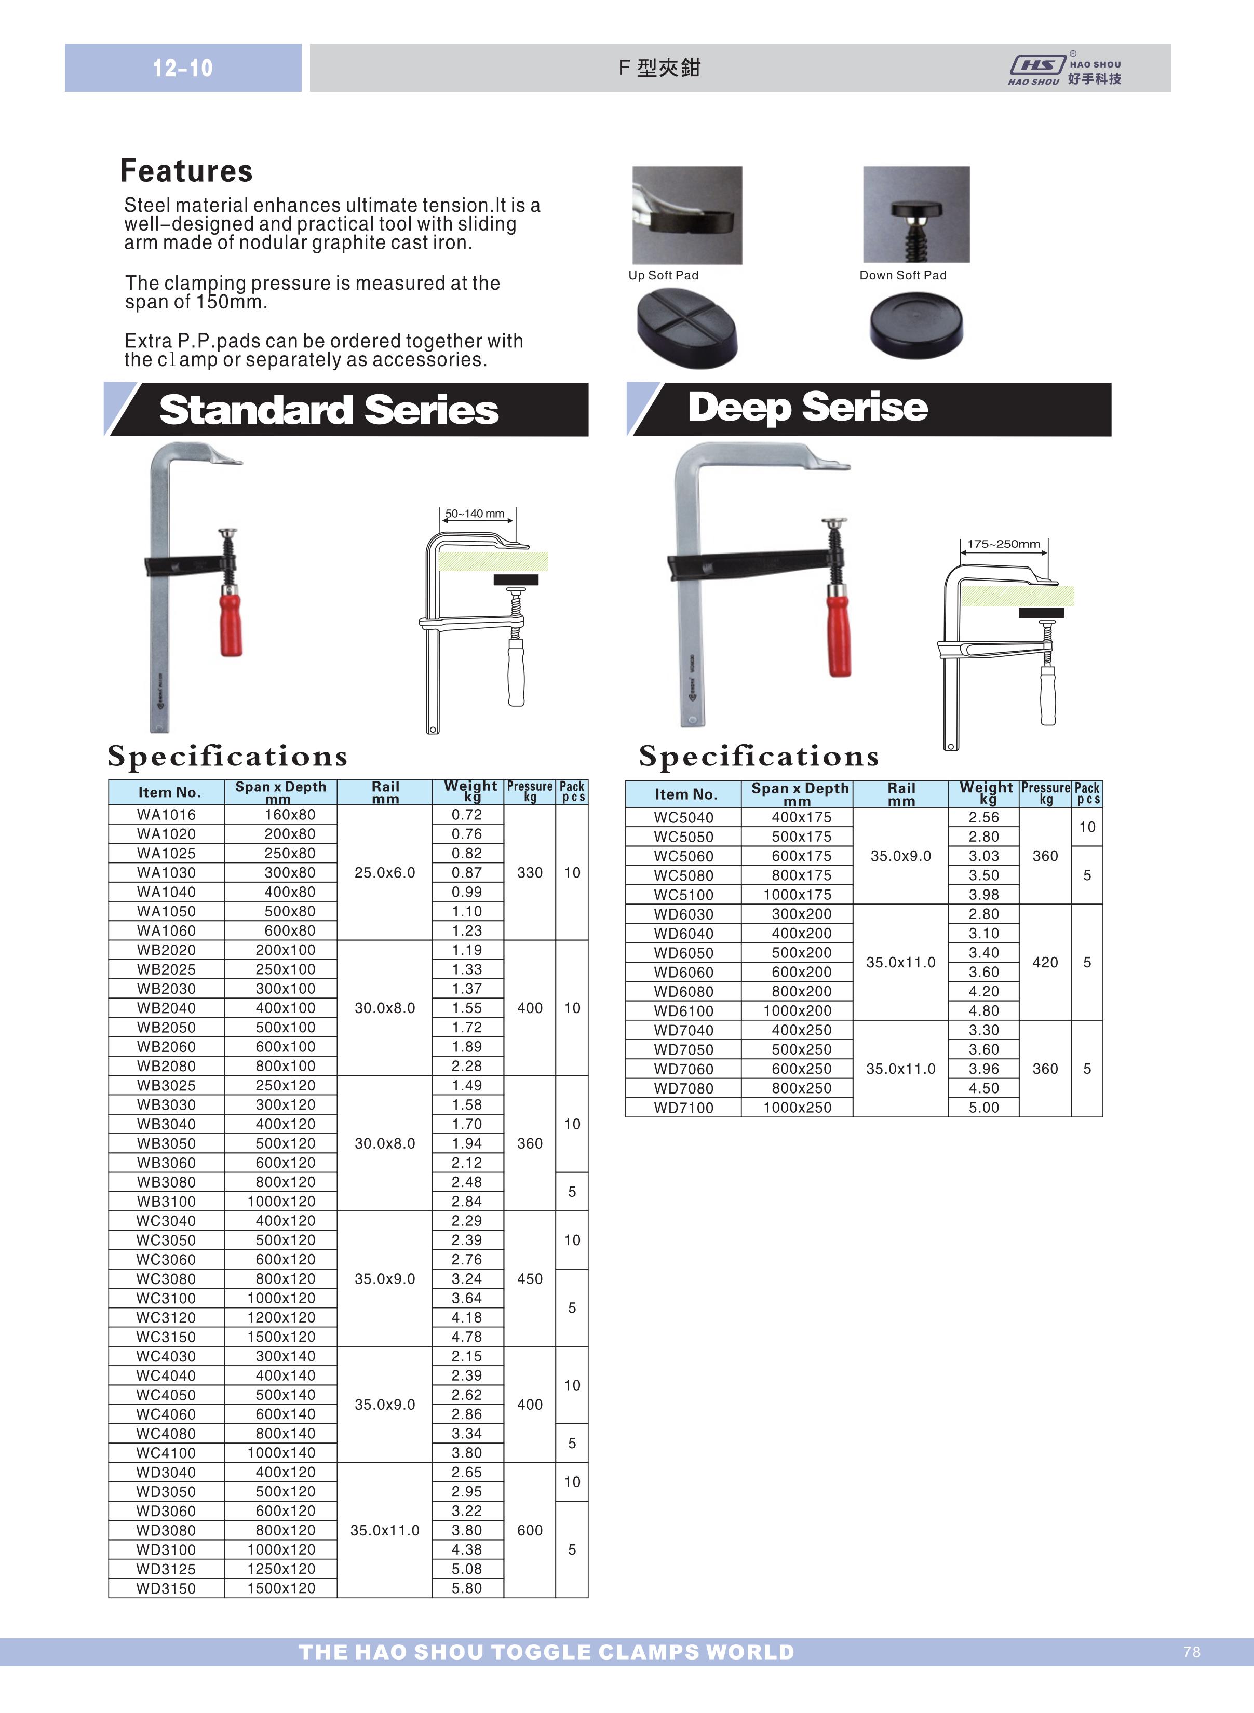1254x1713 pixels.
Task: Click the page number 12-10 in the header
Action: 182,69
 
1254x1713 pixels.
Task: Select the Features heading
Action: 186,171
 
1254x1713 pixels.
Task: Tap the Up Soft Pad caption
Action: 663,276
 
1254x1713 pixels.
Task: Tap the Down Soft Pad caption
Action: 902,276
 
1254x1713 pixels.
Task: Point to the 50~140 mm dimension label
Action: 475,514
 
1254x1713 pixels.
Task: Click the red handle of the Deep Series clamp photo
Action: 838,633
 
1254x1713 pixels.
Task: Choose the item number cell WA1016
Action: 166,814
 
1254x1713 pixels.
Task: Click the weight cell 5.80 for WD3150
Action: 467,1588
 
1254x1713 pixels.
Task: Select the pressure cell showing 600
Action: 530,1530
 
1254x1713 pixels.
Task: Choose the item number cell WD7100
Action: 683,1108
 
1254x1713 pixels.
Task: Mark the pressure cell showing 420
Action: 1045,962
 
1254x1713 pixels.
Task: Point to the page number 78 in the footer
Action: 1191,1652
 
